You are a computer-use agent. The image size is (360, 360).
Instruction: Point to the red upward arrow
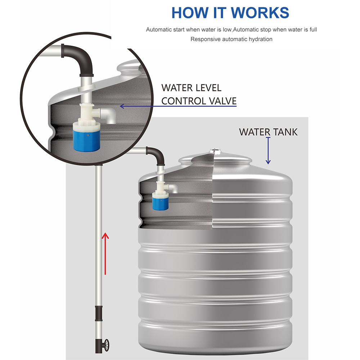pos(105,254)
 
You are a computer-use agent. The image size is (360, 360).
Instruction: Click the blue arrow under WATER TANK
pos(268,150)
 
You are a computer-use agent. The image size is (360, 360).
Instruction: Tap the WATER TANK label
pos(268,132)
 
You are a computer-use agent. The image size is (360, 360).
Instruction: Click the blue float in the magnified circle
pos(87,140)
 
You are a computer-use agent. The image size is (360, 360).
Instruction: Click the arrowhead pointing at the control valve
pos(122,106)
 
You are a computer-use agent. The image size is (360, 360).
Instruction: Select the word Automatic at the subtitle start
pos(159,30)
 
